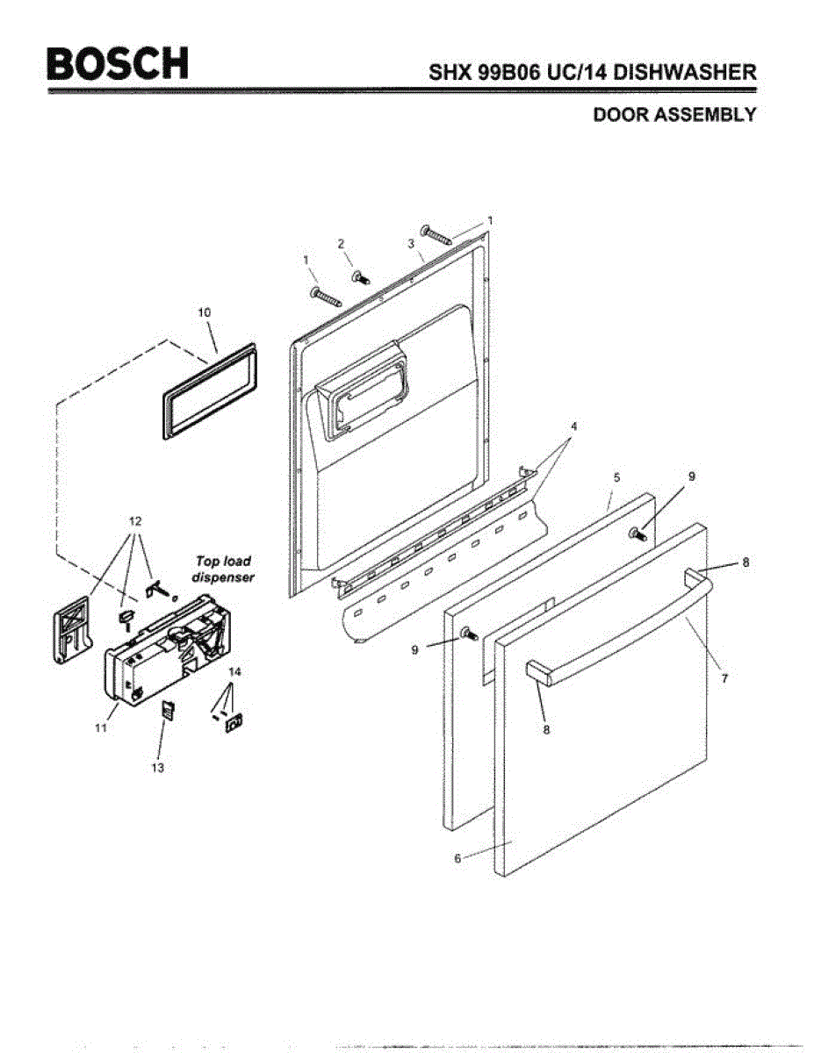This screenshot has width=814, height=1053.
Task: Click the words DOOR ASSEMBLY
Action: point(674,115)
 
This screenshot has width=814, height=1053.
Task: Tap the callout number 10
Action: point(204,312)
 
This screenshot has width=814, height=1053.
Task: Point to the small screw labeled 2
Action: point(360,277)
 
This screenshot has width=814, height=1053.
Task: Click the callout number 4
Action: point(573,426)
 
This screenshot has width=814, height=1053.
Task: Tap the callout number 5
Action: point(616,476)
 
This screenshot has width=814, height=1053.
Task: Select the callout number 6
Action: point(457,858)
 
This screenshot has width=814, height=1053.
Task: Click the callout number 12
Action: point(134,519)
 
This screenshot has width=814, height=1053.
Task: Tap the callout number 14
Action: point(234,671)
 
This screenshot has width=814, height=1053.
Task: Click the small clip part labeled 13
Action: point(166,709)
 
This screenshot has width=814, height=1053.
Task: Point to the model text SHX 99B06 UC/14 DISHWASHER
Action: point(592,73)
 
